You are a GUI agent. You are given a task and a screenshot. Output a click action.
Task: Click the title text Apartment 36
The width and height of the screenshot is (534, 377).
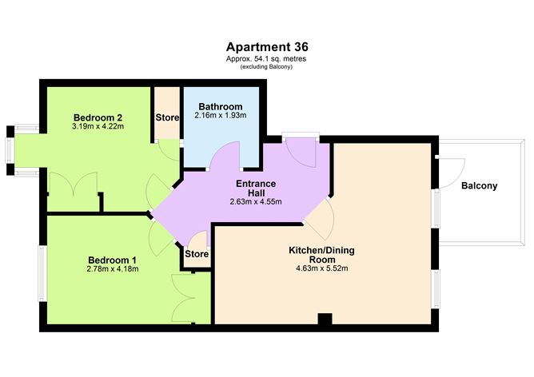click(266, 46)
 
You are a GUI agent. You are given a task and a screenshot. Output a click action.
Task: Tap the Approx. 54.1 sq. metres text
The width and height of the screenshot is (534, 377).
click(266, 58)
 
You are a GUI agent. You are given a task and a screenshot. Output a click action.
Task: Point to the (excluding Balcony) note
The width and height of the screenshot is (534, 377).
click(266, 66)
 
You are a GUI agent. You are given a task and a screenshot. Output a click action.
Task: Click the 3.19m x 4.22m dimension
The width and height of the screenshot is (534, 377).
click(94, 125)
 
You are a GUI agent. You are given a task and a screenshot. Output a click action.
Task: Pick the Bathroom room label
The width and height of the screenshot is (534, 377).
click(220, 107)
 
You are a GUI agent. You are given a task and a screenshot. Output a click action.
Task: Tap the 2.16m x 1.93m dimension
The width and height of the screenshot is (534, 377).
click(220, 117)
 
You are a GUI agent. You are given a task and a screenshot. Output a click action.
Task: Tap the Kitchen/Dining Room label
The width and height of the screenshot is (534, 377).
click(321, 256)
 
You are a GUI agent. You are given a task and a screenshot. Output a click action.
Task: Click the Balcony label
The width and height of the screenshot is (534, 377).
click(479, 186)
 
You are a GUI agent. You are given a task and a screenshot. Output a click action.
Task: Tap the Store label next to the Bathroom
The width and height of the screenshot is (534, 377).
click(167, 117)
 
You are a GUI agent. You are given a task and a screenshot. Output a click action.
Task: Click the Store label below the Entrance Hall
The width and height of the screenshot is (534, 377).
click(197, 255)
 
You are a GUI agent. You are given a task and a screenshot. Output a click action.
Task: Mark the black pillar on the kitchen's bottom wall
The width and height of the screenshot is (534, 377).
click(324, 319)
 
